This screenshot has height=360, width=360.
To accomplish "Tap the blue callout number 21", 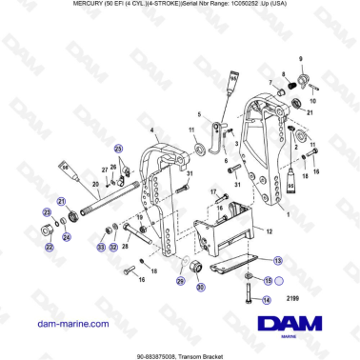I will [x=62, y=202].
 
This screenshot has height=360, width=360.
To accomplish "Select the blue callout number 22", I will [x=50, y=247].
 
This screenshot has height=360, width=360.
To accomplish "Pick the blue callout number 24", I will [x=66, y=235].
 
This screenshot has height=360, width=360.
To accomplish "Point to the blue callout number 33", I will [x=102, y=247].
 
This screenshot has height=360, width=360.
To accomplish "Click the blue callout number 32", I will [x=113, y=247].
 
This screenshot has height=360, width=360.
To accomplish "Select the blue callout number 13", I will [x=278, y=260].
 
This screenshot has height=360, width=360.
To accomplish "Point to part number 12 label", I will [x=269, y=231].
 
